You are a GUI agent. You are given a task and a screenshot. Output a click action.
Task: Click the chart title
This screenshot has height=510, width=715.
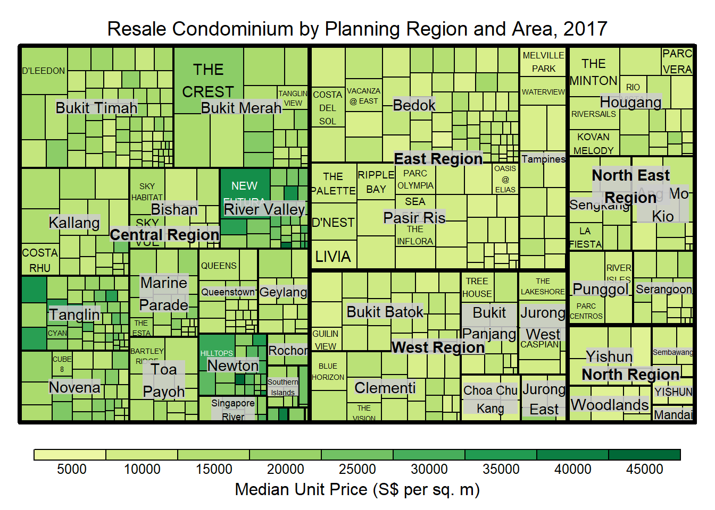[x=357, y=29]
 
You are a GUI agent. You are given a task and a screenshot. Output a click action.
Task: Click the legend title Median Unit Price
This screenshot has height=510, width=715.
[x=357, y=489]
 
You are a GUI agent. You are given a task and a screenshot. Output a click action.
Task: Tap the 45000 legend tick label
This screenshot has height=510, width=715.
[x=644, y=469]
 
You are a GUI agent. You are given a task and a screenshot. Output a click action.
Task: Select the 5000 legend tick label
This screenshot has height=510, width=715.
[x=71, y=469]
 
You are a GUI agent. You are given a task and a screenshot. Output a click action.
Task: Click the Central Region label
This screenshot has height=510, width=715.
[x=164, y=234]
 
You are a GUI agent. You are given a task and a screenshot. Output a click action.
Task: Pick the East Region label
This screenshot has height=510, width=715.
[x=438, y=158]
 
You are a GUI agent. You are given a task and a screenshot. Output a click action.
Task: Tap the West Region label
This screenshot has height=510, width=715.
[x=438, y=347]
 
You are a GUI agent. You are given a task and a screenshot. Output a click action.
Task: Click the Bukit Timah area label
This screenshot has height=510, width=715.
[x=96, y=107]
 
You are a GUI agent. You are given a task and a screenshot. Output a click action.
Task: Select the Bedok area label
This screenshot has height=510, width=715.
[x=414, y=105]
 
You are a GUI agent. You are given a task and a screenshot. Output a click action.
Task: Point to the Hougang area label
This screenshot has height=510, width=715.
[x=630, y=101]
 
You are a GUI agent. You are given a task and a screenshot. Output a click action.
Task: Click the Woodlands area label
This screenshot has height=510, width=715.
[x=610, y=405]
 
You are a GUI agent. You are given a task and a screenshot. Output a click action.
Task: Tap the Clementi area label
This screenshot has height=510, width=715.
[x=385, y=388]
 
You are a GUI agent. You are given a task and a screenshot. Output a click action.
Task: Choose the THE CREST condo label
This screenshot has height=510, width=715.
[x=208, y=80]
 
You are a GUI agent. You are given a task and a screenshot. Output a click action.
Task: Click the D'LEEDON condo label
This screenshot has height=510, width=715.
[x=44, y=71]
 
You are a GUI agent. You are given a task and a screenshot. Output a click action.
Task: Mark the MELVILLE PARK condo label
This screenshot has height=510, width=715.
[x=543, y=62]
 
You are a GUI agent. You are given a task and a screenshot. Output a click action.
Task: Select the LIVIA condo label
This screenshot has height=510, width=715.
[x=333, y=257]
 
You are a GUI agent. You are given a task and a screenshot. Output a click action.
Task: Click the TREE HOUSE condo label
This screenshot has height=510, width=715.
[x=477, y=287]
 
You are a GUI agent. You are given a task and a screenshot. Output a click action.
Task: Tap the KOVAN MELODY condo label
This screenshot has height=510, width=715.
[x=593, y=143]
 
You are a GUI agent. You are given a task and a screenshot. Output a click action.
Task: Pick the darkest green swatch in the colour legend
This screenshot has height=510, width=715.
[x=644, y=455]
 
